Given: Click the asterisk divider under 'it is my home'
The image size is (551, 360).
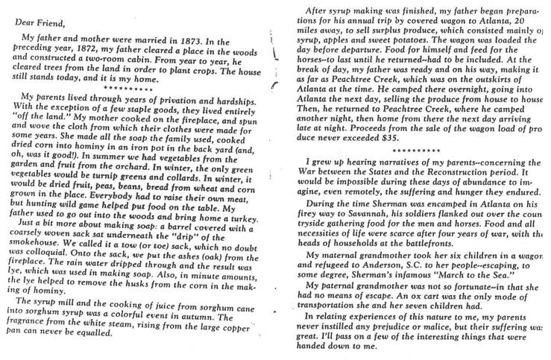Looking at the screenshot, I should click(137, 86).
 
